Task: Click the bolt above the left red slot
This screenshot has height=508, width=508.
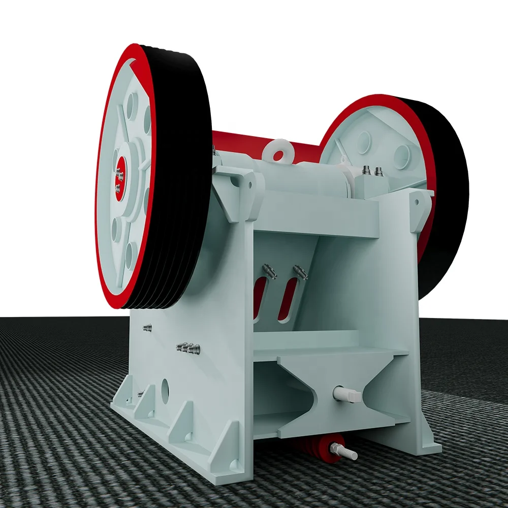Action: click(x=270, y=272)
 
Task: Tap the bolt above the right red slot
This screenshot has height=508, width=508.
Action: click(x=300, y=273)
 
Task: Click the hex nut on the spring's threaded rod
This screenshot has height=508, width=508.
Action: click(x=335, y=448)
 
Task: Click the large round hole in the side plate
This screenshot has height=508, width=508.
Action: click(x=165, y=389)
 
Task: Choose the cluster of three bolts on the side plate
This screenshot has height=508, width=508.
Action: click(x=188, y=348)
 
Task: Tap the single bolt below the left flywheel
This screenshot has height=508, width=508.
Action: click(x=148, y=327)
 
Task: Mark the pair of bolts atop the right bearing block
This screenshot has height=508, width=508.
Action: click(x=372, y=172)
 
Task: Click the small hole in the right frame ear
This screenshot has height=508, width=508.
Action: click(x=417, y=202)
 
